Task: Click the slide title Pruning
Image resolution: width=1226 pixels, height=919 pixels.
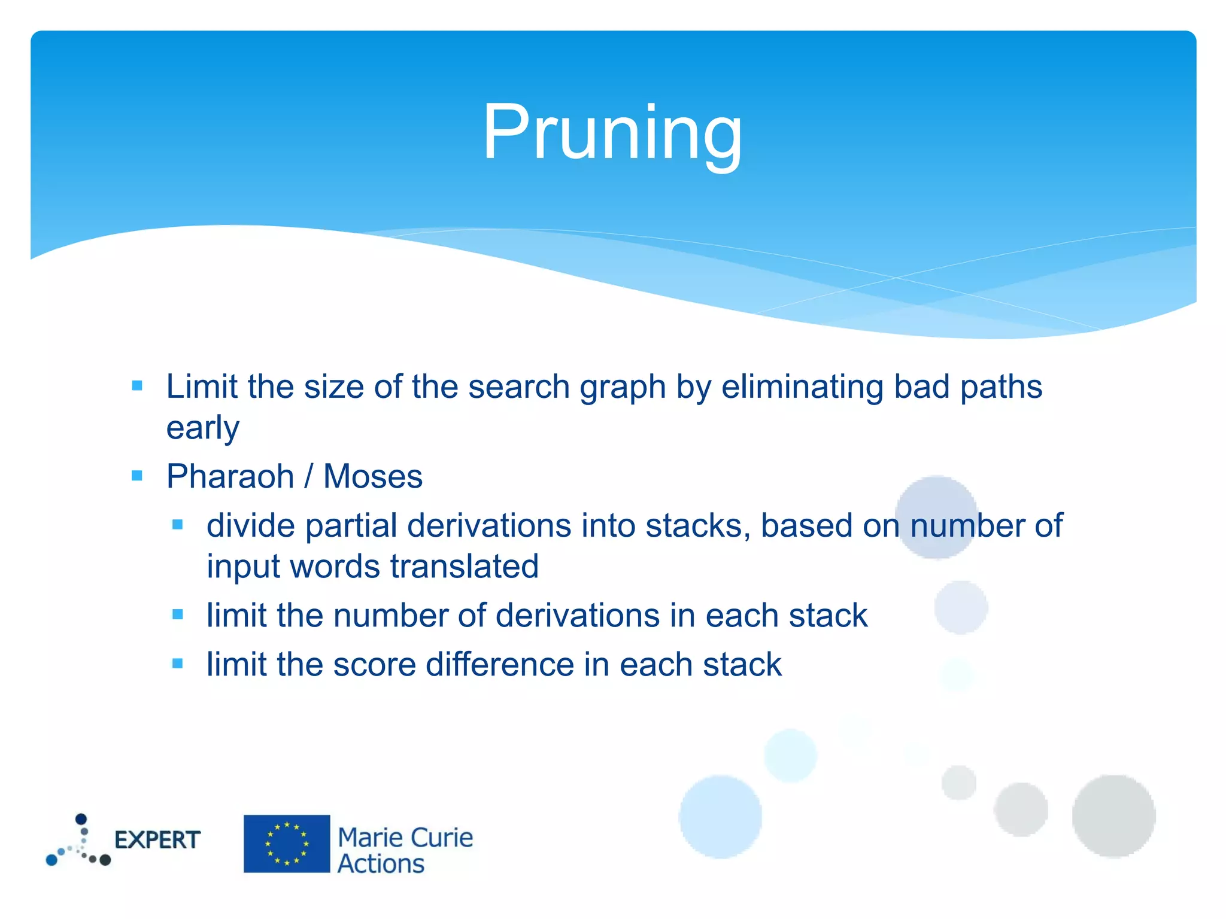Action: [612, 133]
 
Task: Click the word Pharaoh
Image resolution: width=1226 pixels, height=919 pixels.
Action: [230, 477]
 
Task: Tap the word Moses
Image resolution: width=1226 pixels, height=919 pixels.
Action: [372, 477]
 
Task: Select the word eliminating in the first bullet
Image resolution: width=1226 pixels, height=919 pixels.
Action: [802, 387]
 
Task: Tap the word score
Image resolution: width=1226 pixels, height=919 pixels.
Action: [374, 665]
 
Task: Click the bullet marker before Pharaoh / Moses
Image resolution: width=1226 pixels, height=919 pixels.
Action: [137, 476]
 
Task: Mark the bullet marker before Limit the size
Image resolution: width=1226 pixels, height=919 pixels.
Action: [137, 386]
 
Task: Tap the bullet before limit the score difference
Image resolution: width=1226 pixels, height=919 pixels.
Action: [177, 664]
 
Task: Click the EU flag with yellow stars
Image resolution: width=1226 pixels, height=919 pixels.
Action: [287, 844]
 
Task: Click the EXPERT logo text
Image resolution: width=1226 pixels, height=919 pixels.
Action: [157, 840]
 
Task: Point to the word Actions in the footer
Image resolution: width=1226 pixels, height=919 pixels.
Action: [381, 864]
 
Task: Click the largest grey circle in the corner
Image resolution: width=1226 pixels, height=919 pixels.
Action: [1113, 816]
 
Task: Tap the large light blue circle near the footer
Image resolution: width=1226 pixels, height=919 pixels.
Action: [721, 817]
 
